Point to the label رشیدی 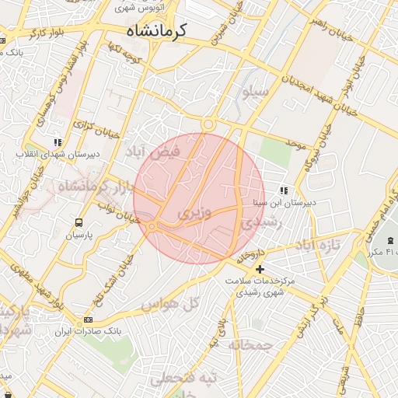pos(258,222)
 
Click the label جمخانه pos(251,344)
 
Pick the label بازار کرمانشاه pos(82,187)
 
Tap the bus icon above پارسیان pos(79,222)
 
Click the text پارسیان pos(79,235)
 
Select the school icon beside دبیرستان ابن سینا pos(284,190)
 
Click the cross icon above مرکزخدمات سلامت pos(260,268)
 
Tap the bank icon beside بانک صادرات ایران pos(88,319)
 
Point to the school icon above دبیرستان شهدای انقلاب pos(57,142)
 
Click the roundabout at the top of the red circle pos(208,124)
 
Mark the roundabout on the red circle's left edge pos(152,225)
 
